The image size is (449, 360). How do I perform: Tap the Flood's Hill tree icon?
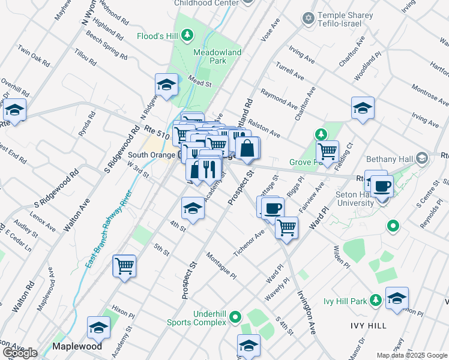[187, 35]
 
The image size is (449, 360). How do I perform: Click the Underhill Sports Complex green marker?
[236, 316]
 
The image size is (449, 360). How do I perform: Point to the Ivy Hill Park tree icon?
[376, 299]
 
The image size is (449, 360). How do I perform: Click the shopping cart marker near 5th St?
[124, 266]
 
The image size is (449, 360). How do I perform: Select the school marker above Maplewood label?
[99, 328]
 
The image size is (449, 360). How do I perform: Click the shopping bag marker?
[247, 148]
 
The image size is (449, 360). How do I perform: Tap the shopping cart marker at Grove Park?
[327, 151]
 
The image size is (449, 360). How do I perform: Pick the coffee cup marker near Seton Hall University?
[382, 185]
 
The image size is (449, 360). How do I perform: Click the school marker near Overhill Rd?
[14, 110]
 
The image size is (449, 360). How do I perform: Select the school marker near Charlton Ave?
[363, 109]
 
